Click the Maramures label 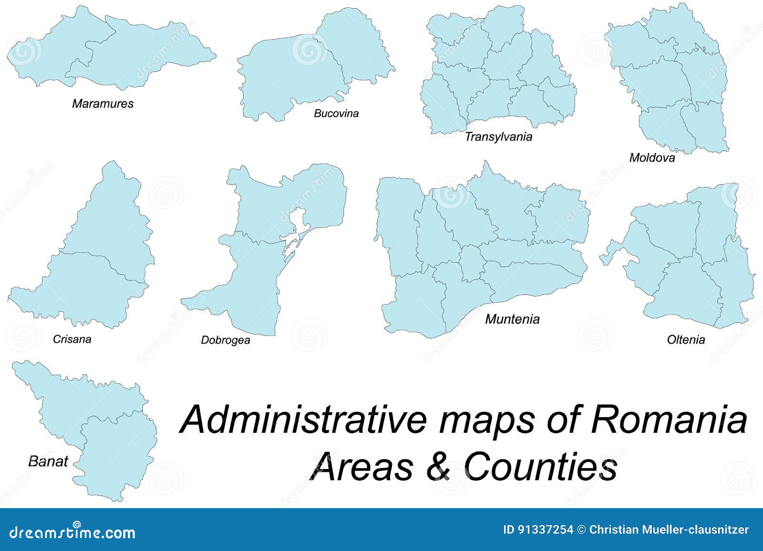point(103,103)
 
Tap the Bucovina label point(336,113)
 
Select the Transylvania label point(498,137)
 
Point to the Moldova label point(652,157)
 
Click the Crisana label point(72,339)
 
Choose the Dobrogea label point(226,340)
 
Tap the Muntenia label point(512,319)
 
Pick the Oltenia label point(686,339)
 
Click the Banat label point(48,461)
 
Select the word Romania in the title point(669,419)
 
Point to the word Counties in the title point(541,466)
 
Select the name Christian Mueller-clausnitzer point(669,530)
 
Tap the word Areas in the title point(363,466)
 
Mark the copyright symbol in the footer point(581,530)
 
